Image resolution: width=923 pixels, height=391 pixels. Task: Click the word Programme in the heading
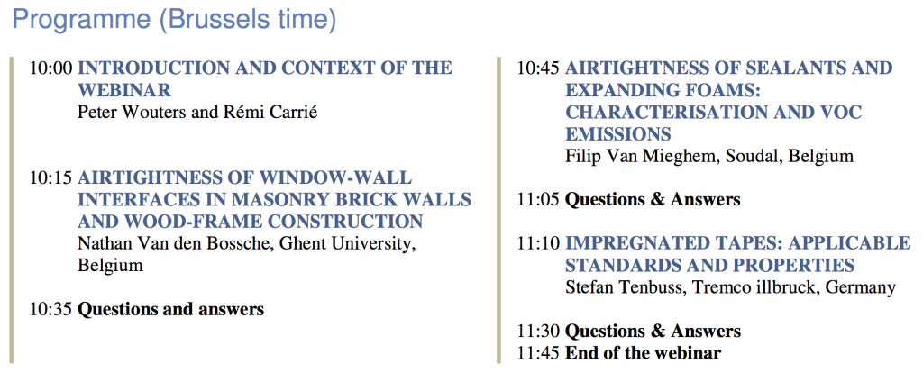click(81, 20)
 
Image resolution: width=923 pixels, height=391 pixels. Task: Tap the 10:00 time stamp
click(51, 68)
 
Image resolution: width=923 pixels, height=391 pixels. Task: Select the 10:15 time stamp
click(51, 177)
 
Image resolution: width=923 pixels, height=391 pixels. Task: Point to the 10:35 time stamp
click(51, 309)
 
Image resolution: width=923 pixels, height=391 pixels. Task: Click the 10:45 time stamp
click(538, 68)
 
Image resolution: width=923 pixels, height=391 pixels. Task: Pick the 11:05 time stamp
click(538, 200)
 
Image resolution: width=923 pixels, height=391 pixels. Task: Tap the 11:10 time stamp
click(538, 243)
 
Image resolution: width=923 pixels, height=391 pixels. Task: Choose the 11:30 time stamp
click(538, 331)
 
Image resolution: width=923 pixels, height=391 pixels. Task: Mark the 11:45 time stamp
click(538, 353)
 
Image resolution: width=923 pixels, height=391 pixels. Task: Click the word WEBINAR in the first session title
click(124, 91)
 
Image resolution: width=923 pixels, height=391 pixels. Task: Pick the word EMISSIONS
click(618, 134)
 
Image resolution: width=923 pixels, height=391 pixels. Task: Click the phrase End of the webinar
click(643, 353)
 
